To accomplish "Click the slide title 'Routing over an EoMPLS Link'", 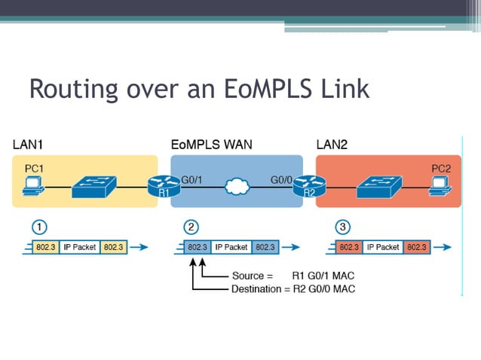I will pyautogui.click(x=199, y=89).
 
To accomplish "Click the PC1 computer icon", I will pyautogui.click(x=32, y=185).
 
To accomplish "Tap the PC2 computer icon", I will pyautogui.click(x=440, y=185).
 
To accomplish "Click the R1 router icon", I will pyautogui.click(x=161, y=185).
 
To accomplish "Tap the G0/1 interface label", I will pyautogui.click(x=191, y=178).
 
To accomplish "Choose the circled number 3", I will pyautogui.click(x=343, y=226).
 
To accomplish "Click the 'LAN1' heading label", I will pyautogui.click(x=29, y=144).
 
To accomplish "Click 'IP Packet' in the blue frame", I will pyautogui.click(x=231, y=247).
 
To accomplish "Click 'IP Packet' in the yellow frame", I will pyautogui.click(x=78, y=247).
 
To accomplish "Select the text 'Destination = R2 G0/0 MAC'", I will pyautogui.click(x=293, y=288).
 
